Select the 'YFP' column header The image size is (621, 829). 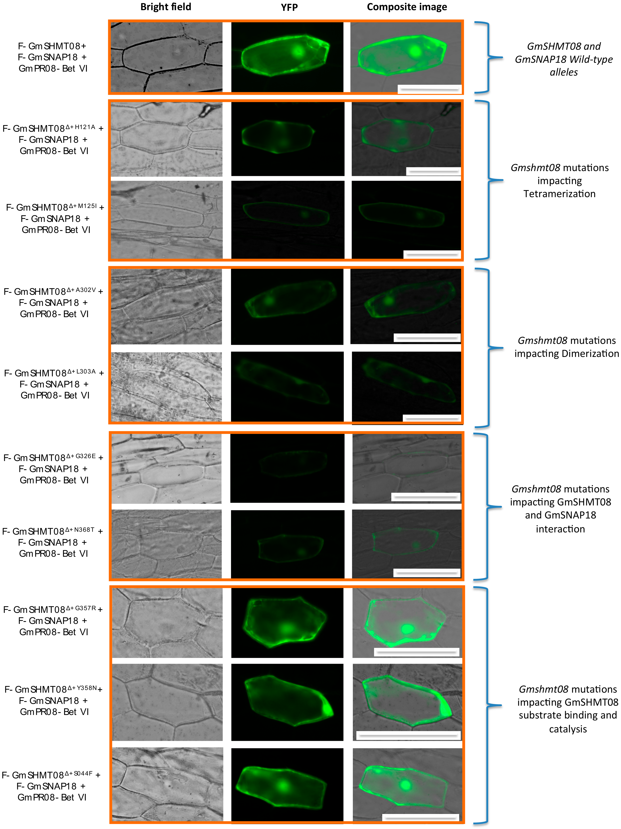[289, 7]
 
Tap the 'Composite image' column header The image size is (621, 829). [407, 7]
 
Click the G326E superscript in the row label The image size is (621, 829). [86, 456]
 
